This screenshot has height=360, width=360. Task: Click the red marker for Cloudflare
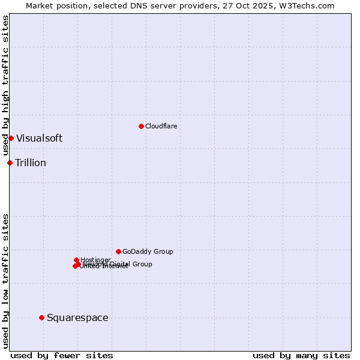click(141, 126)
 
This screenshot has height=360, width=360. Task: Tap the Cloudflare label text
click(161, 126)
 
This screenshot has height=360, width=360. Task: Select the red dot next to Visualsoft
click(11, 138)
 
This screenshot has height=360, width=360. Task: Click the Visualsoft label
click(39, 139)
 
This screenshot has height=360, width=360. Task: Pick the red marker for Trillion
click(10, 163)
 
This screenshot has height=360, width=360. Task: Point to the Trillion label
click(31, 163)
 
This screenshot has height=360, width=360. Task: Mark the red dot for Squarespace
click(41, 317)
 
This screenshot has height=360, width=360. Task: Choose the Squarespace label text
click(77, 318)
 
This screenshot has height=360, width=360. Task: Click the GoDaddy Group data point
click(118, 251)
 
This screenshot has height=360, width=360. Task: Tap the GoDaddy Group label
click(148, 252)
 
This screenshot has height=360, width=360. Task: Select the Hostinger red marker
click(77, 260)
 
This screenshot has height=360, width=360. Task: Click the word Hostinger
click(96, 260)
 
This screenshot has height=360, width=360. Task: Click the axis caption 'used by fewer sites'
click(62, 355)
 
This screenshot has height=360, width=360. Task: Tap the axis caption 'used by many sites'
click(301, 355)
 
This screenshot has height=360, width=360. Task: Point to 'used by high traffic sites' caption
click(5, 86)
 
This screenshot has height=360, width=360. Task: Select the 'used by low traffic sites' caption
click(5, 281)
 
